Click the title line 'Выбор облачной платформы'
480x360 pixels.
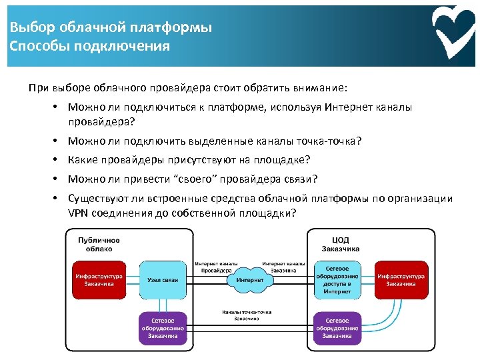pos(111,28)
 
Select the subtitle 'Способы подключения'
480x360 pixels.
pos(90,46)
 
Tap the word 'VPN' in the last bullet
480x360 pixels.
pos(79,213)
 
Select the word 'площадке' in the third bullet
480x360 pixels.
pos(283,159)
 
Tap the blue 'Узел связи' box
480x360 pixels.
pos(162,280)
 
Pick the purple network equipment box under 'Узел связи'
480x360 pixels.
pos(162,329)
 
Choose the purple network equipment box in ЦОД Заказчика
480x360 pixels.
pos(337,329)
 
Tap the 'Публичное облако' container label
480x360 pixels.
pos(99,244)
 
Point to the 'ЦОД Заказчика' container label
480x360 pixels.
pos(340,244)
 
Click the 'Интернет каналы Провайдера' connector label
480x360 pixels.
pos(217,267)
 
